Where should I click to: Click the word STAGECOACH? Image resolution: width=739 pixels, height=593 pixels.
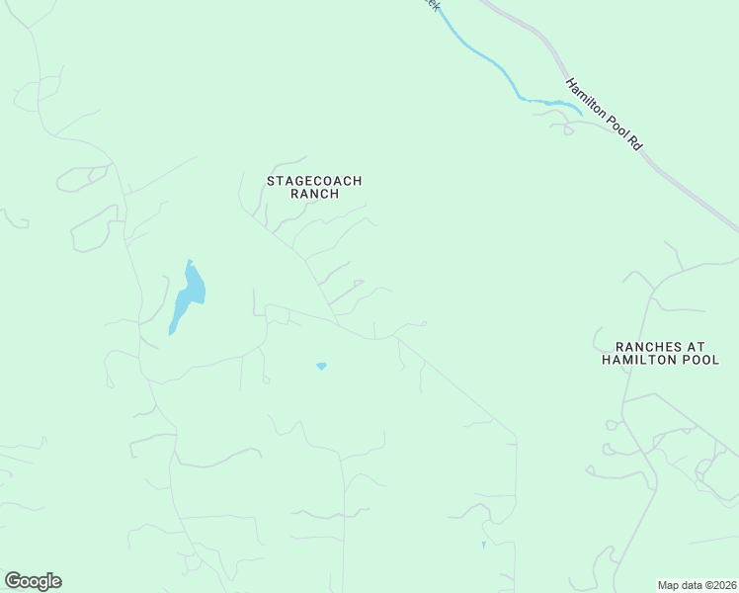315,181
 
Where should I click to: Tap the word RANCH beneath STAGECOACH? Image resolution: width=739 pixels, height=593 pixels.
315,195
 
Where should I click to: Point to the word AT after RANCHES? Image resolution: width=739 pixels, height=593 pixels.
698,347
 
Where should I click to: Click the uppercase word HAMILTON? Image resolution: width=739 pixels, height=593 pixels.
637,361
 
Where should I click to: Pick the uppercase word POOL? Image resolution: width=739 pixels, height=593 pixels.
699,361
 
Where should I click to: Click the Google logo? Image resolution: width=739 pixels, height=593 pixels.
33,581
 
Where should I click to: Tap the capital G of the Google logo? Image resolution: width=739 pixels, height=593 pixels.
12,581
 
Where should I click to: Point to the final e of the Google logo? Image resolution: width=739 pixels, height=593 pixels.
56,582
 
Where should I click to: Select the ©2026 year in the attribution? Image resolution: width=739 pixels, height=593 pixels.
719,584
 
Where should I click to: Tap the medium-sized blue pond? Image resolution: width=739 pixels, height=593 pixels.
321,367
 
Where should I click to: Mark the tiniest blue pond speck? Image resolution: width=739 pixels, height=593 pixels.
483,545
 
